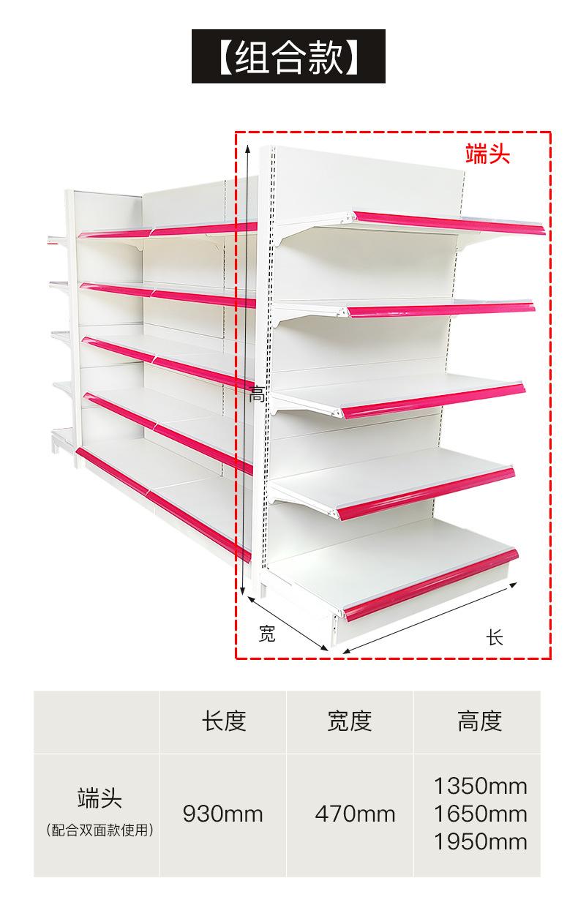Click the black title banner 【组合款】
(x=288, y=56)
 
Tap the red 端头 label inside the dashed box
(x=487, y=154)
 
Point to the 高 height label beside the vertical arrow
(x=257, y=394)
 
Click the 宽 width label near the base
(x=267, y=633)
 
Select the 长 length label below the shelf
(x=495, y=637)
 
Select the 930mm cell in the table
(x=222, y=814)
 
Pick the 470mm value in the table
(x=355, y=814)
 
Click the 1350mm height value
(x=480, y=786)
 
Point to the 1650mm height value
(x=480, y=814)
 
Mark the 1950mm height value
(x=480, y=841)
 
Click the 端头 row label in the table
(x=100, y=798)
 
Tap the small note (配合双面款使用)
(x=100, y=830)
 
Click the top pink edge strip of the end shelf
(x=449, y=223)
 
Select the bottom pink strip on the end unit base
(x=431, y=585)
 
